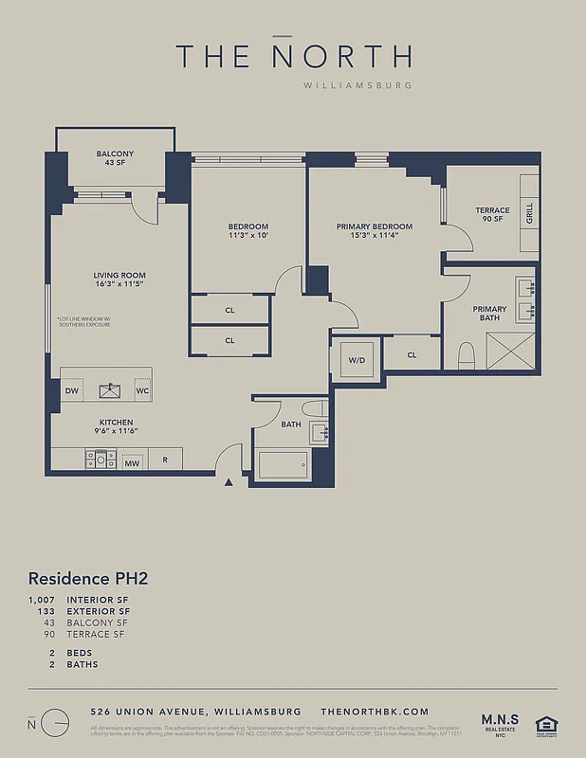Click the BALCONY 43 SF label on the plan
coord(115,158)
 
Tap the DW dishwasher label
coord(72,390)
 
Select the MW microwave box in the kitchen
coord(132,463)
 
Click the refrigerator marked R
coord(165,460)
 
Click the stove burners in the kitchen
coord(100,460)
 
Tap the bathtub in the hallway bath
coord(284,464)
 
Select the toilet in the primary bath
coord(466,356)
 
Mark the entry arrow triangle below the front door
coord(229,483)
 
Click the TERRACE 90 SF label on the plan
coord(492,215)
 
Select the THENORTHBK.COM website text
coord(375,711)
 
